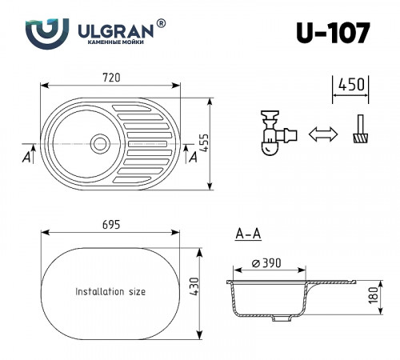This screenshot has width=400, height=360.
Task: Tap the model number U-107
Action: click(332, 32)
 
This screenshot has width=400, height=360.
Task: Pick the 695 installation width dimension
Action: click(111, 225)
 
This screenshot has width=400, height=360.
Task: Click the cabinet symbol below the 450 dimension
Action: click(358, 130)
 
